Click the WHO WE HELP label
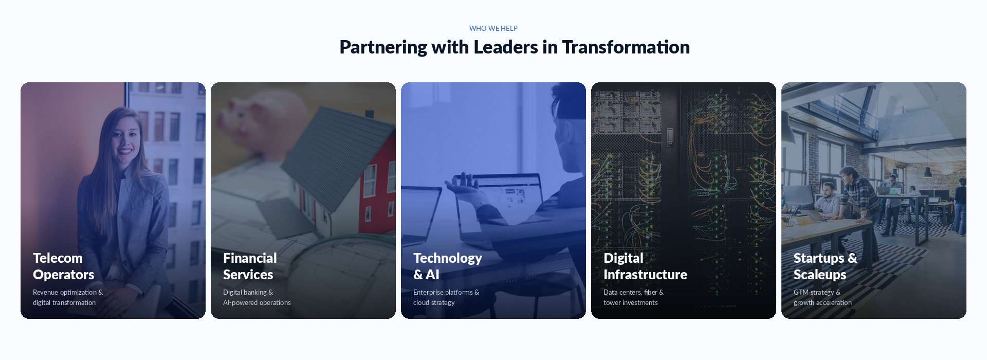pos(493,28)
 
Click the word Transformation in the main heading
pos(626,47)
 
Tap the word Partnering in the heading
pos(383,47)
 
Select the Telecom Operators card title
pos(63,266)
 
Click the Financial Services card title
pos(250,266)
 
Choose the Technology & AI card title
pos(447,266)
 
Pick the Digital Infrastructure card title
pos(645,266)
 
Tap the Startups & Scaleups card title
pos(825,266)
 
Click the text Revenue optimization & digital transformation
pos(67,297)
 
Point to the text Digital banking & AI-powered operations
pos(257,297)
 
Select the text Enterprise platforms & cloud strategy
pos(446,297)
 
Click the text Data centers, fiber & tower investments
pos(633,297)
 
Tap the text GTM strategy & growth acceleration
pos(822,297)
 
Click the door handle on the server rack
pos(670,137)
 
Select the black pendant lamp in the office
pos(927,172)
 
